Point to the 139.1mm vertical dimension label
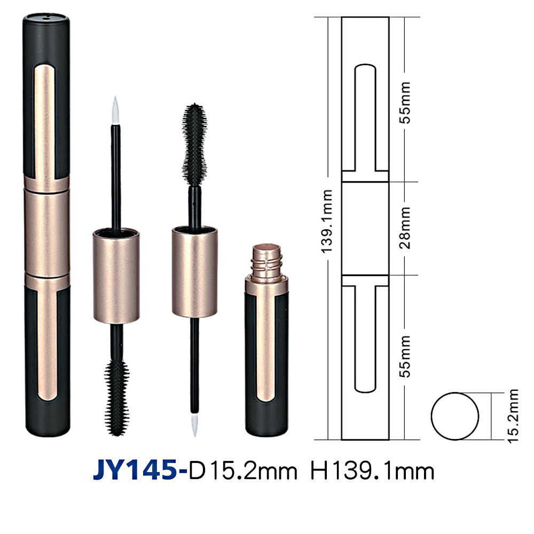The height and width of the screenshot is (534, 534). coord(327,222)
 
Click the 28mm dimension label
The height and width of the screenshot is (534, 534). coord(406,228)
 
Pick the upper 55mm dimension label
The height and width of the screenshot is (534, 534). coord(406,103)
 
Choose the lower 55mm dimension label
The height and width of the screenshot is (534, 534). coord(406,356)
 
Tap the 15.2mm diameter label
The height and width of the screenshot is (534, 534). coord(513,416)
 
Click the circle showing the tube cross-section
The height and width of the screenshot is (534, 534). coord(455,416)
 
